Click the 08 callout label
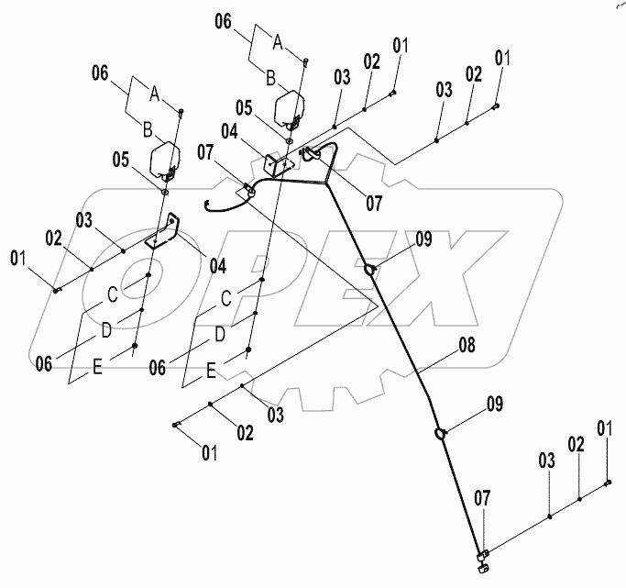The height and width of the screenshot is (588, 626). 467,348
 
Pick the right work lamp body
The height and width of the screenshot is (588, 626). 291,106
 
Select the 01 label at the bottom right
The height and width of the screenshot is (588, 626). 604,427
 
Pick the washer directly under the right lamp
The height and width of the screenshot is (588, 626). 289,141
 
